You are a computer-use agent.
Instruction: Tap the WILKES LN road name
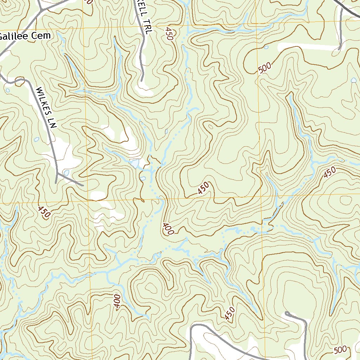pyautogui.click(x=46, y=108)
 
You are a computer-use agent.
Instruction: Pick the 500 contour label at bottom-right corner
pyautogui.click(x=340, y=350)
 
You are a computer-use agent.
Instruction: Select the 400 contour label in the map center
pyautogui.click(x=168, y=229)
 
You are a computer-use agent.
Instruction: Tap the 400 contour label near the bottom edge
pyautogui.click(x=117, y=301)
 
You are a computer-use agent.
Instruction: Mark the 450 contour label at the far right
pyautogui.click(x=330, y=173)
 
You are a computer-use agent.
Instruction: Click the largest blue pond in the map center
pyautogui.click(x=134, y=163)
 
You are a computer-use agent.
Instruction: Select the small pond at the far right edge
pyautogui.click(x=353, y=80)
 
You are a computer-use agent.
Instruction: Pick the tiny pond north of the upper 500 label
pyautogui.click(x=266, y=47)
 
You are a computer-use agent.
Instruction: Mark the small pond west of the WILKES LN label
pyautogui.click(x=37, y=140)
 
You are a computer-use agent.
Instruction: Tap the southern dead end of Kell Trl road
pyautogui.click(x=141, y=81)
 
